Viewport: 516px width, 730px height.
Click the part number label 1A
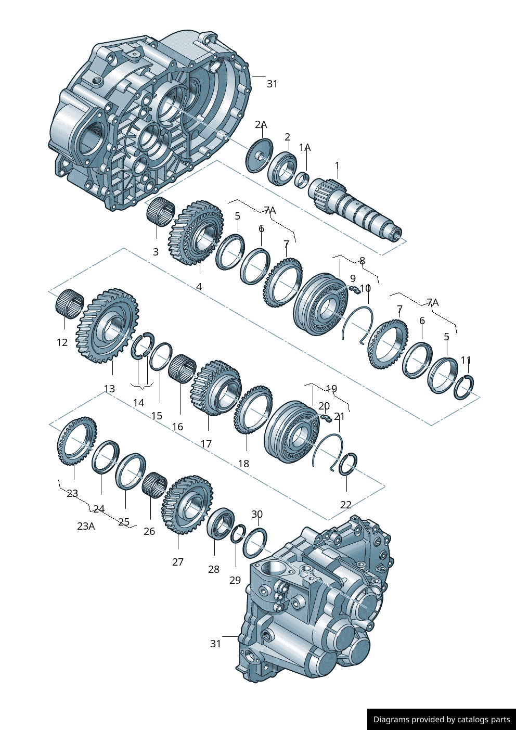click(x=305, y=148)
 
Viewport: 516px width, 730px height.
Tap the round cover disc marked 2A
click(x=259, y=155)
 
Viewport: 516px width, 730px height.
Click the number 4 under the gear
click(x=199, y=287)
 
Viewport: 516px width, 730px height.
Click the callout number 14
click(x=138, y=403)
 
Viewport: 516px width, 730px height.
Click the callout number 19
click(x=331, y=389)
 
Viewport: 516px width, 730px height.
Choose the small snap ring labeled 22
click(x=347, y=465)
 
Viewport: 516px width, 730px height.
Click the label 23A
click(x=86, y=526)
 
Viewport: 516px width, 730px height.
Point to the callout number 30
click(x=257, y=514)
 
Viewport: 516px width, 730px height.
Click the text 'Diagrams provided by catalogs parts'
click(x=442, y=720)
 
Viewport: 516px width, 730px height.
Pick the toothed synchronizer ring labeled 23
click(x=76, y=441)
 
